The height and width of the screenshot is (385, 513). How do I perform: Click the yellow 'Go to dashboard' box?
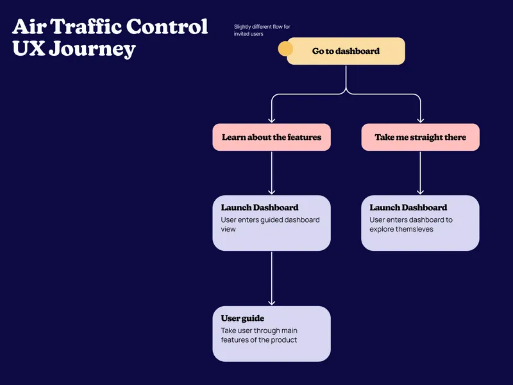point(346,51)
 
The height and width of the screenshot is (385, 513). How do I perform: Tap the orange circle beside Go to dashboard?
point(285,49)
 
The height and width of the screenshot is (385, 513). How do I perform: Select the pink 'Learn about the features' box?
point(271,137)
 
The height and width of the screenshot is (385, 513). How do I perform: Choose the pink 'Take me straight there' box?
point(420,137)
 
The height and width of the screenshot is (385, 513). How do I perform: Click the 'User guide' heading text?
point(242,318)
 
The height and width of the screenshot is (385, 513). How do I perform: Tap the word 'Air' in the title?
point(29,27)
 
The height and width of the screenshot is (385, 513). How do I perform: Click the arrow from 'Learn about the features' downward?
point(272,173)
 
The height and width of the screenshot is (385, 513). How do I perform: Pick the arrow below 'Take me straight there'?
point(420,173)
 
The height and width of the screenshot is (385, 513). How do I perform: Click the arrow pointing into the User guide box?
point(272,279)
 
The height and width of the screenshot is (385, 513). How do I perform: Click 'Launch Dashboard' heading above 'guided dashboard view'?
point(260,208)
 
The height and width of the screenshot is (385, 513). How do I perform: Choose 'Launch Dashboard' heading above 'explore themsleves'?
point(408,208)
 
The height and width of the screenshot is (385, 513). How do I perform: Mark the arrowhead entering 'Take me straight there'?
point(420,119)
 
